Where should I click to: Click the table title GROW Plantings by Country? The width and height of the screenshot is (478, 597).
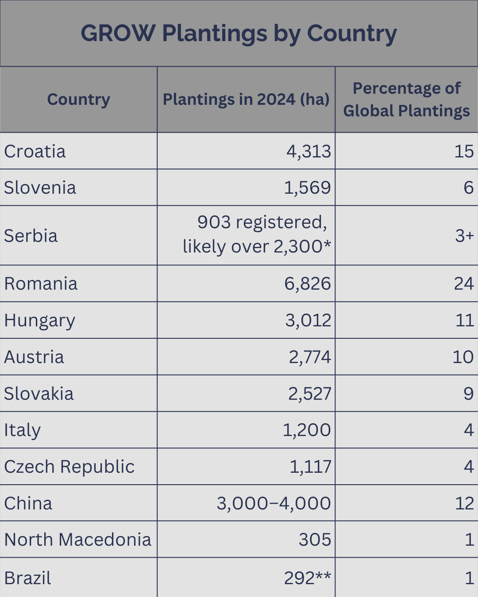(239, 34)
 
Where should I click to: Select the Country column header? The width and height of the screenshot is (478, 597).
(78, 99)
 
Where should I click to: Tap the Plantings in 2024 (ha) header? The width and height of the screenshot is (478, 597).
(246, 99)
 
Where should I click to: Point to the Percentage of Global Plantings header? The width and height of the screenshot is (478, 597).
(406, 99)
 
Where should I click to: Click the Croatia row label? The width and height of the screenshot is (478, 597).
(35, 152)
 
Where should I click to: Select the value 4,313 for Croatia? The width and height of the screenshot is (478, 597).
(308, 152)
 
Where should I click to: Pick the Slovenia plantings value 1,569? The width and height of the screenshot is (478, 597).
(307, 188)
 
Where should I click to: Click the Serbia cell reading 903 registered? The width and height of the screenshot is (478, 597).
(262, 222)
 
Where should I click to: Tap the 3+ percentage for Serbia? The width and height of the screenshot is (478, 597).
(464, 236)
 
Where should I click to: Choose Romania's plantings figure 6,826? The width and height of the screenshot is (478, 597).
(308, 284)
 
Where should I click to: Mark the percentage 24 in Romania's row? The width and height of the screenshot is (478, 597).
(464, 284)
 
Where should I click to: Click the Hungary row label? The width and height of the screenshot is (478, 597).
(40, 321)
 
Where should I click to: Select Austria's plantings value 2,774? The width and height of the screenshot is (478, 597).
(310, 357)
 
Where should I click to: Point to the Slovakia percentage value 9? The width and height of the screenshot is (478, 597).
(468, 394)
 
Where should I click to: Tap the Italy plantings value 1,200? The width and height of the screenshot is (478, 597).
(307, 430)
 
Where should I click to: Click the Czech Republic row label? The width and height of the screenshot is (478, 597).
(69, 467)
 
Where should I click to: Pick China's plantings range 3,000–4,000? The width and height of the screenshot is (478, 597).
(274, 504)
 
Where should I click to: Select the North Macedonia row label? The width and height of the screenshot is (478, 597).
(78, 540)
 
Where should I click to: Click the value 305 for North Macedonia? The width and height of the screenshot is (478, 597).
(315, 540)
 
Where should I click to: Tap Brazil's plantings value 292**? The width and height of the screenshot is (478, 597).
(307, 578)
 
